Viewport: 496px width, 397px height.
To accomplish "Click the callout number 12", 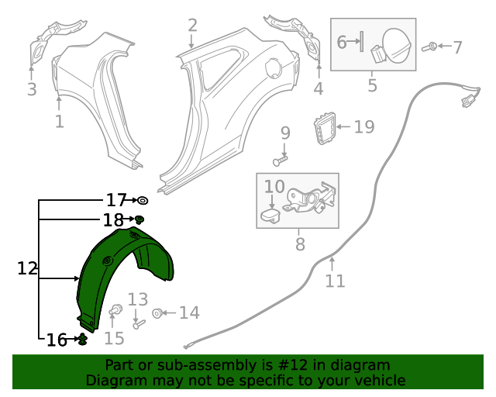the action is coord(27,268).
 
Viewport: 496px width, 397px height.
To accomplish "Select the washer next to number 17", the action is coord(143,200).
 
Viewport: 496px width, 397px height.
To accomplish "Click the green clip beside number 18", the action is coord(139,219).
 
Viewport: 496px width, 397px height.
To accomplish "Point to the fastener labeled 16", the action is coord(83,340).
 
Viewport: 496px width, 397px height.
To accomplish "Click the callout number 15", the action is coord(114,338).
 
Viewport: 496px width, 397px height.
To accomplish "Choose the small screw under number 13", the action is coord(139,324).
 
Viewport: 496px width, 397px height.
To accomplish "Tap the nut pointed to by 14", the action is coord(157,313).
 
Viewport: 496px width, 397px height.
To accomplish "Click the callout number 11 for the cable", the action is coord(335,281).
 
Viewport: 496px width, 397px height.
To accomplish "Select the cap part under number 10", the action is coord(270,215).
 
